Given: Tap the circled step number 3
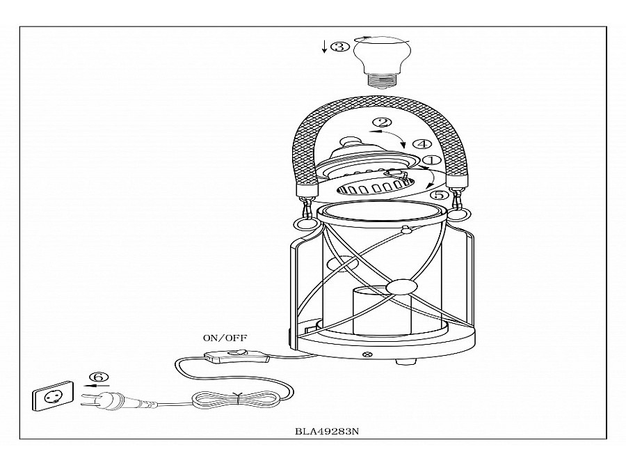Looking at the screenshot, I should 340,47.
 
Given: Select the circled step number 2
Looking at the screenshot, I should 380,124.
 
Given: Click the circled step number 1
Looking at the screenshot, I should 431,161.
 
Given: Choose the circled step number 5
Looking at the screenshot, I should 439,196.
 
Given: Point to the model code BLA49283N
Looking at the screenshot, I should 327,432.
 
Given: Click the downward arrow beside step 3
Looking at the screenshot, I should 324,47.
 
